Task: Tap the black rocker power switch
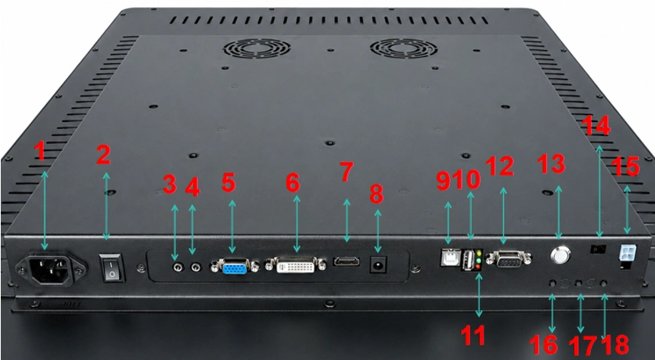pos(112,268)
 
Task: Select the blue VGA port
pos(234,266)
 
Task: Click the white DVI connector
pos(295,265)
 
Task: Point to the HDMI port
pos(347,261)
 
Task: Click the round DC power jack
pos(379,265)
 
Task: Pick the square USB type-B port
pos(450,257)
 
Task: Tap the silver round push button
pos(560,255)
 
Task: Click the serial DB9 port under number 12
pos(509,260)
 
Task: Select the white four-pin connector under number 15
pos(628,252)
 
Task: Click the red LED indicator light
pos(477,266)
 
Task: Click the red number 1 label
pos(40,151)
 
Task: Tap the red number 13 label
pos(551,164)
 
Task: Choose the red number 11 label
pos(473,335)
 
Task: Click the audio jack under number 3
pos(178,268)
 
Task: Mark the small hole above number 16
pos(552,283)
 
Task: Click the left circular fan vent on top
pos(257,49)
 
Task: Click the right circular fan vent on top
pos(404,49)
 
